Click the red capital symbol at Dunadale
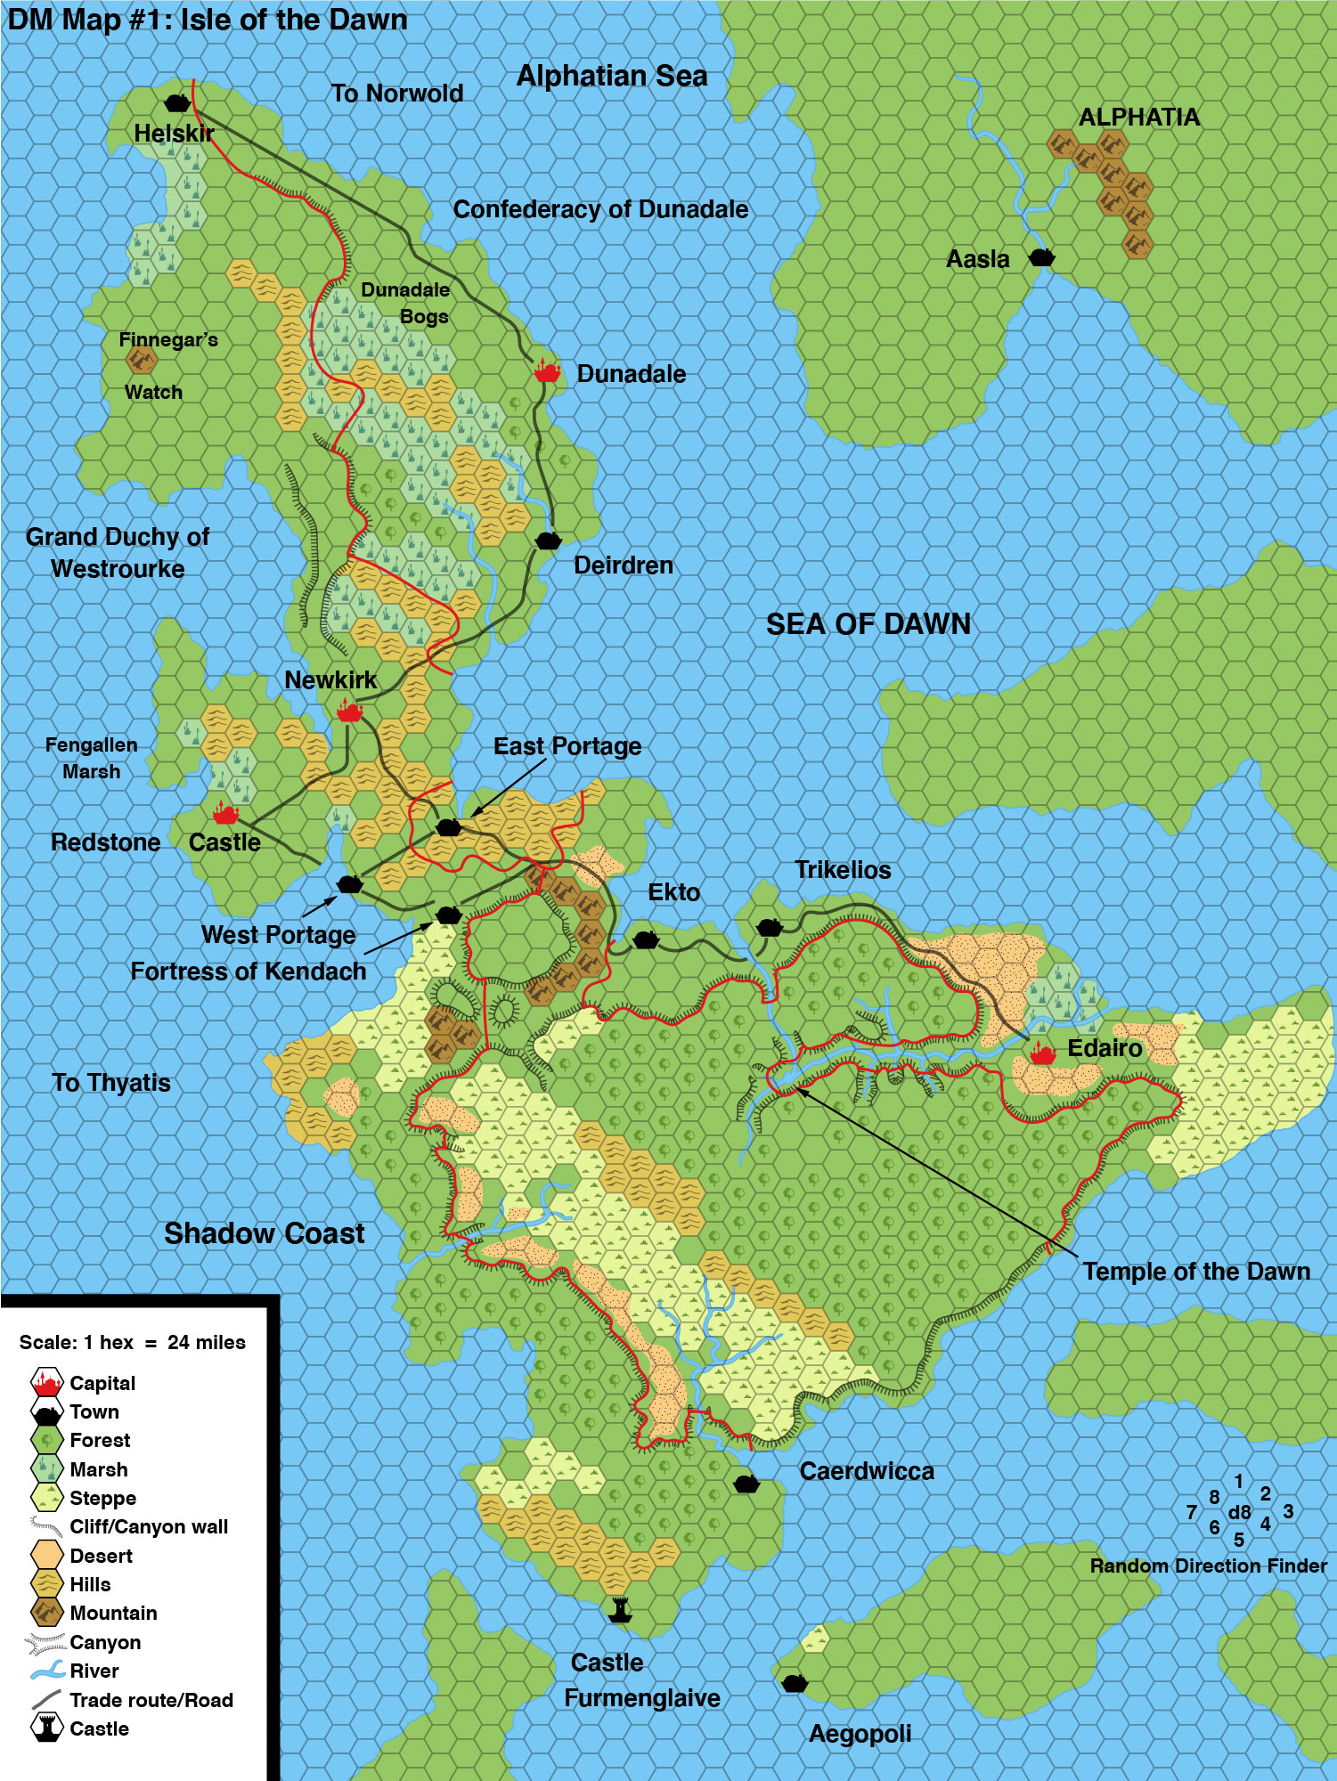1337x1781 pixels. coord(547,371)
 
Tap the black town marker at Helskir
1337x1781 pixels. coord(178,102)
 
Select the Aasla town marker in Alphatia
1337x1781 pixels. coord(1041,257)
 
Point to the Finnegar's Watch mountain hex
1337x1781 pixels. coord(141,361)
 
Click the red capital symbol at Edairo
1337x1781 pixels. coord(1042,1053)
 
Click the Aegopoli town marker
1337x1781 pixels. coord(794,1683)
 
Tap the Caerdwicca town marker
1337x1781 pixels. coord(746,1484)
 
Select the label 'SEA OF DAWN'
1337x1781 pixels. coord(868,624)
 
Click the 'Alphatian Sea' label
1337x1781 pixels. coord(612,77)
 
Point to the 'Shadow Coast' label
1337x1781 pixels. coord(264,1233)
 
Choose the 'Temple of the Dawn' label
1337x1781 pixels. coord(1195,1272)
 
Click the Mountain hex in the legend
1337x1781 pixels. coord(46,1613)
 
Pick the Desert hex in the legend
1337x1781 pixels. coord(46,1556)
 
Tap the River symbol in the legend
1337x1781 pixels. coord(46,1671)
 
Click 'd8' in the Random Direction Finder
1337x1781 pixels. coord(1239,1512)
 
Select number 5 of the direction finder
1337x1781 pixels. coord(1238,1540)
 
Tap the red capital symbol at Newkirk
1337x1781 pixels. coord(349,712)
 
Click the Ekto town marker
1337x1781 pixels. coord(645,939)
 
